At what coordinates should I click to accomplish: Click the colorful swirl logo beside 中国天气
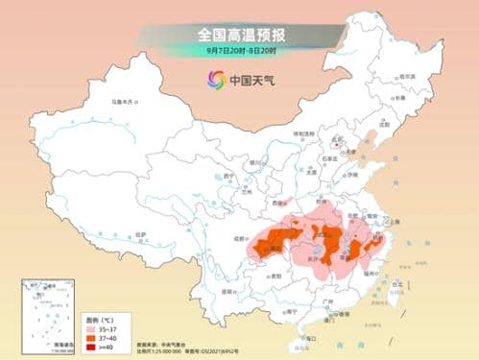tap(214, 80)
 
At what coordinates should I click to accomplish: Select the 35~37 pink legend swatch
tap(91, 324)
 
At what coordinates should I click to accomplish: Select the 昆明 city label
tap(228, 290)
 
